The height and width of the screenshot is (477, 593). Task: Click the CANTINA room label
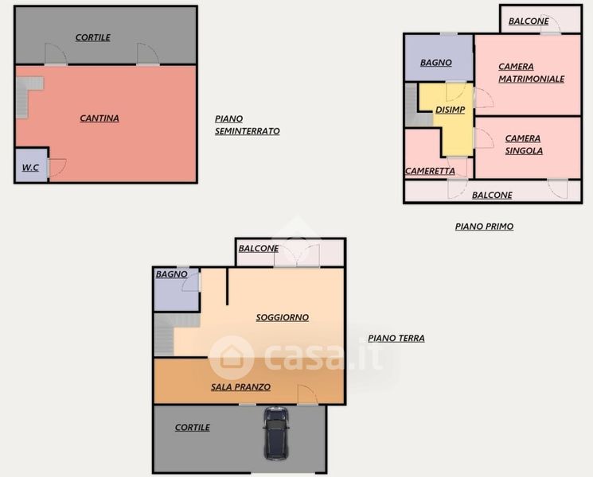click(x=99, y=118)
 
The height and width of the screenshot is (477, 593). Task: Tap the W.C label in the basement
click(x=30, y=167)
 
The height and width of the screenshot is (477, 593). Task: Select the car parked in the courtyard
click(x=276, y=433)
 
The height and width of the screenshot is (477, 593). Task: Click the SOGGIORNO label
click(x=283, y=318)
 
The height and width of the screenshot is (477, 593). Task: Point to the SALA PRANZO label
click(x=241, y=387)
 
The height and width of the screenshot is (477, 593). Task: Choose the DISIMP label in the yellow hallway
click(x=450, y=110)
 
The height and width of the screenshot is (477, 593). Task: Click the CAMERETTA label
click(x=430, y=171)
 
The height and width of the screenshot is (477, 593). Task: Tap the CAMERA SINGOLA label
click(x=524, y=145)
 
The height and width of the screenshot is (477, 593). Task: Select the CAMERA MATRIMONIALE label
click(x=532, y=72)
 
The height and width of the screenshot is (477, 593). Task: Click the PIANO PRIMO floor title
click(x=485, y=227)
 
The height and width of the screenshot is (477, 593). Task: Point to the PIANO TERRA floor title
click(x=396, y=339)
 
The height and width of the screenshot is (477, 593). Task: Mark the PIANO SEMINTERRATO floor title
click(x=248, y=125)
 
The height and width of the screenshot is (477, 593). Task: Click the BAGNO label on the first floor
click(x=436, y=63)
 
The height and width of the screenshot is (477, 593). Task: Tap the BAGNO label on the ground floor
click(x=172, y=274)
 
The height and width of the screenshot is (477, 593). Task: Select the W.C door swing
click(x=57, y=168)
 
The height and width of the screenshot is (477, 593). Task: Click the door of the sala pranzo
click(x=306, y=394)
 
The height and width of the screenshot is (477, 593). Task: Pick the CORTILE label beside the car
click(x=193, y=428)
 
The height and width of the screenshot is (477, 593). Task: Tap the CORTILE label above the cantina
click(x=93, y=37)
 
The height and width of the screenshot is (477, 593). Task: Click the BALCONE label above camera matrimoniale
click(x=529, y=21)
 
